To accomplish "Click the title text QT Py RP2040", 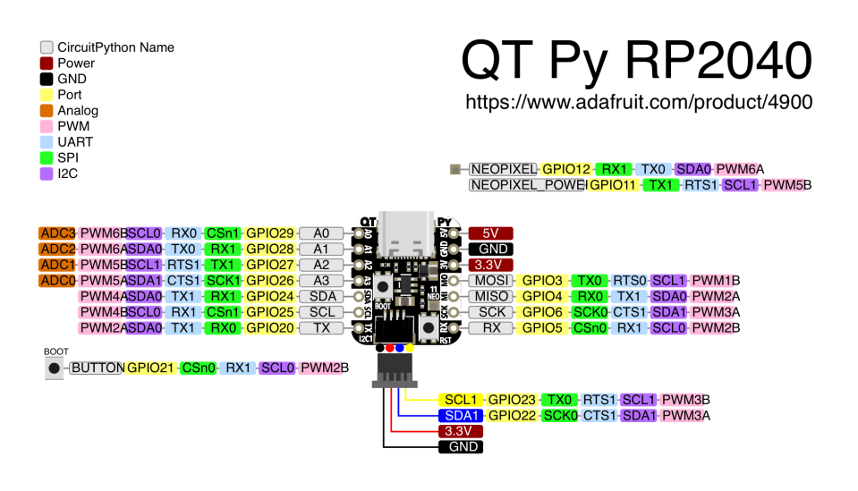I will pos(636,60).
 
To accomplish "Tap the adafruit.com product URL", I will pos(639,103).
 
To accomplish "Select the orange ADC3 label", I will pos(57,233).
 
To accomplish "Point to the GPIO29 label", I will pos(269,233).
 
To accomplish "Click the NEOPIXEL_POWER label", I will pos(528,185).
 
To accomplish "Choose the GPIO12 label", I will pos(566,169).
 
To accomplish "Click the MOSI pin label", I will pos(491,281).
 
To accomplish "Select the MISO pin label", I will pos(491,297).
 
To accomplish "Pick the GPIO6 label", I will pos(542,313).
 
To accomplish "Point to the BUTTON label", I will pos(96,368).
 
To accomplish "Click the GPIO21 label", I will pos(149,368).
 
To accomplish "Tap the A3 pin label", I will pos(321,281).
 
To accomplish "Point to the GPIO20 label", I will pos(269,329).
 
